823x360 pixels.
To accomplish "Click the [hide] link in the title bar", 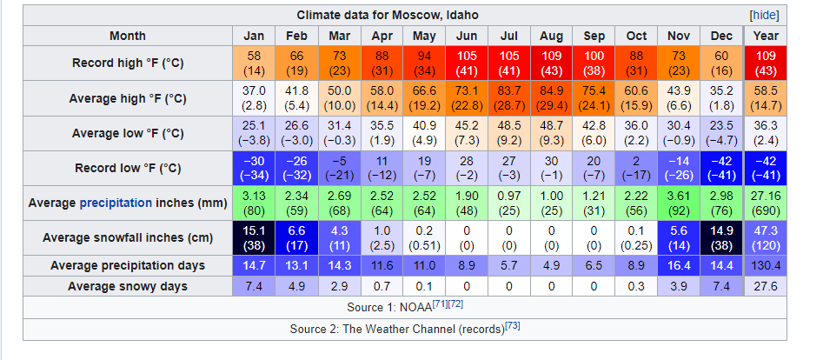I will (763, 16).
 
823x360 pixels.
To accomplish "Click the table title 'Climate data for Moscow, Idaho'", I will (388, 16).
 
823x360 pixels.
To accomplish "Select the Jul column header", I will (509, 36).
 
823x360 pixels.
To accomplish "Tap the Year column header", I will (766, 36).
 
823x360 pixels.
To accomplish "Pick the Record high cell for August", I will (552, 63).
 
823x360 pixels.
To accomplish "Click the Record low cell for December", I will (721, 168).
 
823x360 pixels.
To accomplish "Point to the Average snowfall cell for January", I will (254, 237).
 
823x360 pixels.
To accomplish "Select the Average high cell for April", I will (382, 98).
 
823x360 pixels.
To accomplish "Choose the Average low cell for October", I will (637, 133).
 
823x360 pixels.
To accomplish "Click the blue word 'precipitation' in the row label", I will (116, 203).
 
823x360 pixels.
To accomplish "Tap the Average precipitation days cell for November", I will (679, 265).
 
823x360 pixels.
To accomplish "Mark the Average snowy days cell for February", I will (296, 286).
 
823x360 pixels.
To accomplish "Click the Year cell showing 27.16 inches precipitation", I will (766, 203).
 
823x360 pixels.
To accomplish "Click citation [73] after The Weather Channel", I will (512, 325).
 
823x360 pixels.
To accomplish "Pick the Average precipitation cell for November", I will (679, 203).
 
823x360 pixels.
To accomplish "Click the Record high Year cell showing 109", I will (766, 63).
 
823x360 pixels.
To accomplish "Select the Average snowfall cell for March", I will (339, 237).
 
